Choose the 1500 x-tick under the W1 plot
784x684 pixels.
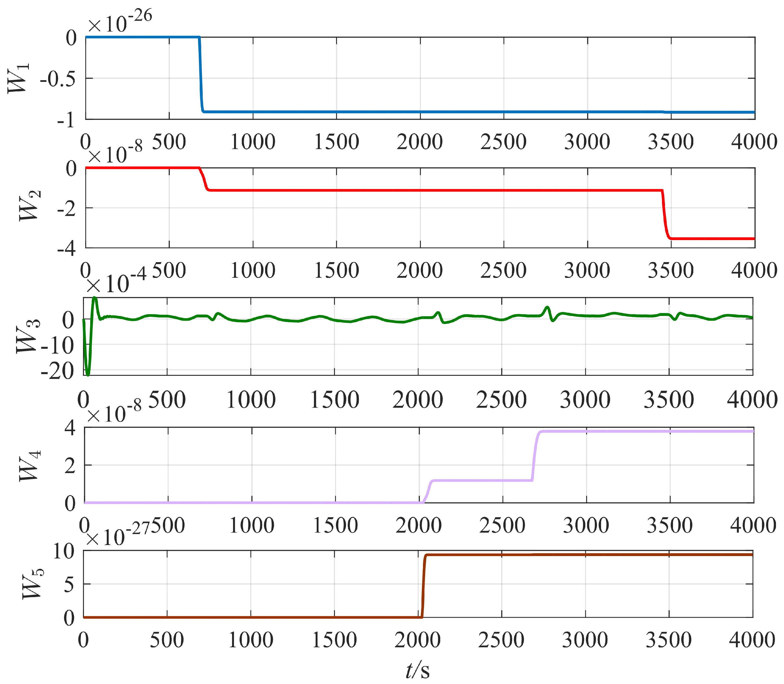pyautogui.click(x=336, y=142)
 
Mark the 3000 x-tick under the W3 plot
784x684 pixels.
pyautogui.click(x=585, y=400)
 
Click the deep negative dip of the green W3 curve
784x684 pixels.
pyautogui.click(x=88, y=372)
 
